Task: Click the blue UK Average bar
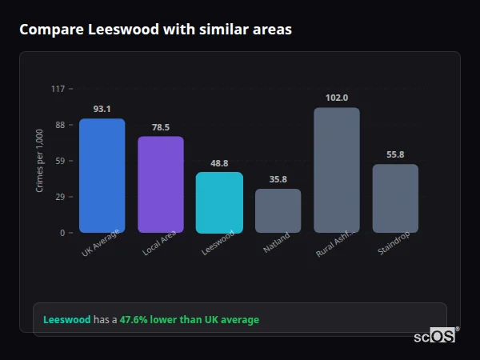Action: tap(102, 176)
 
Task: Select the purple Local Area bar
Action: tap(161, 185)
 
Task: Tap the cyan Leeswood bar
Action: tap(219, 202)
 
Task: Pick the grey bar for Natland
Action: tap(278, 211)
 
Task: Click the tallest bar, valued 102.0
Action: tap(337, 170)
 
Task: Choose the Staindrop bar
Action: tap(395, 198)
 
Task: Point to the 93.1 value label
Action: tap(102, 109)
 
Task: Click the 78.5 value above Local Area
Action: tap(161, 127)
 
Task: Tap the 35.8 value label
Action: tap(278, 179)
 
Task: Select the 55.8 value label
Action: tap(395, 154)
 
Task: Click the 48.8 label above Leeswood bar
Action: tap(219, 163)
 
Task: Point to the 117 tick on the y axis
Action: tap(58, 89)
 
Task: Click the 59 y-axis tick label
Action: tap(59, 161)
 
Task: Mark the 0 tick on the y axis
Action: tap(62, 233)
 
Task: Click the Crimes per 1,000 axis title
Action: tap(40, 161)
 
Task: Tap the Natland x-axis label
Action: tap(277, 242)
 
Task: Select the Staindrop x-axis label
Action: tap(394, 244)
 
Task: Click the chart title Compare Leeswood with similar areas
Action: tap(155, 30)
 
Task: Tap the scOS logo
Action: tap(435, 336)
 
